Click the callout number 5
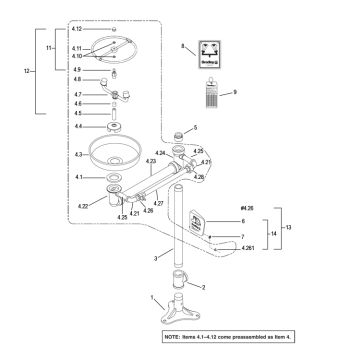pos(195,128)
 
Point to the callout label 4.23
pos(151,161)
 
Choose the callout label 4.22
pos(83,206)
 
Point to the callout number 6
pos(242,220)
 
